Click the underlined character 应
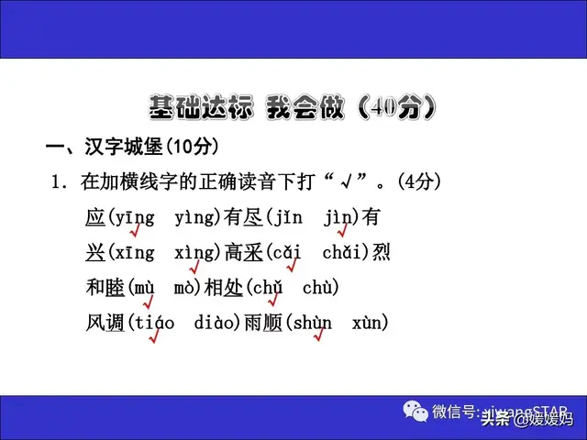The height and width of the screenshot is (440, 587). [95, 218]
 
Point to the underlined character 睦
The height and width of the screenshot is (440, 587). [116, 287]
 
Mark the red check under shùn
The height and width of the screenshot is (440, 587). [318, 336]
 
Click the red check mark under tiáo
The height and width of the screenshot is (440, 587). [154, 336]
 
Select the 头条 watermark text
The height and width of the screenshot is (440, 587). [496, 420]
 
